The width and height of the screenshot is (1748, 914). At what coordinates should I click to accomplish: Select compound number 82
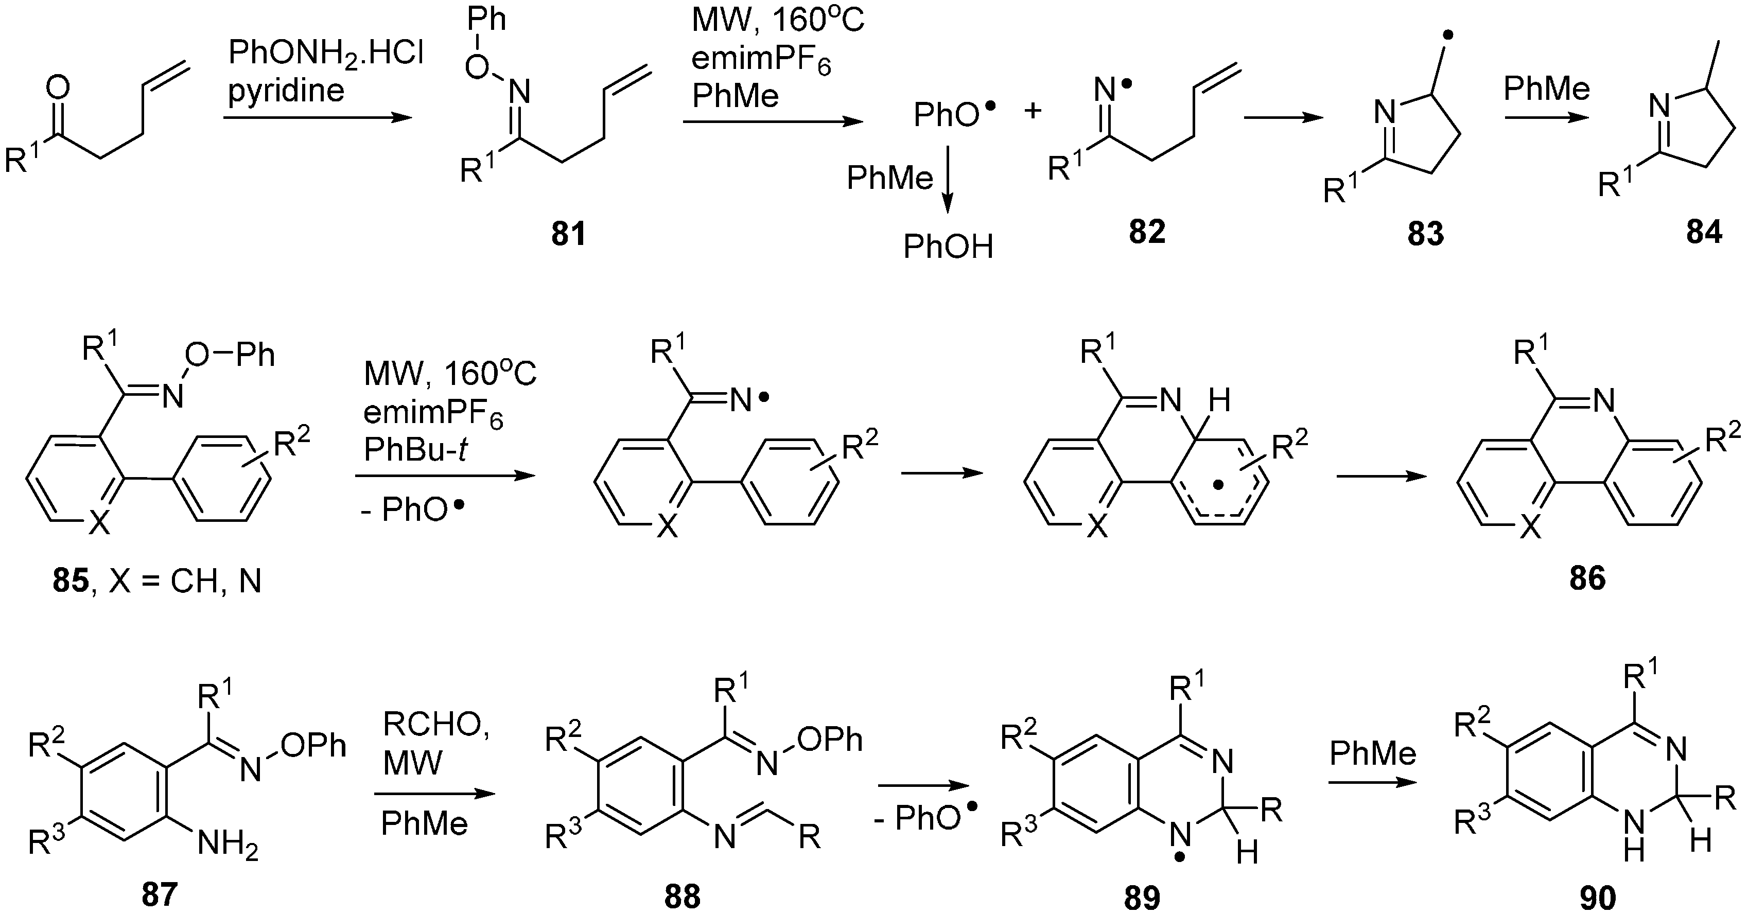[x=1147, y=232]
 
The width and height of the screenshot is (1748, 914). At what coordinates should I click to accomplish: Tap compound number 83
[x=1425, y=234]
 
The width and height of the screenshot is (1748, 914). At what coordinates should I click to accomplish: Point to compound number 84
[x=1703, y=232]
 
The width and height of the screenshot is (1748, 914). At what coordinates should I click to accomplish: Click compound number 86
[x=1587, y=578]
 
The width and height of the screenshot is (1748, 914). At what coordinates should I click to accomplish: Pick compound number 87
[x=159, y=895]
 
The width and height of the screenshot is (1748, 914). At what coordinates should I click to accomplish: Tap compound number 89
[x=1142, y=897]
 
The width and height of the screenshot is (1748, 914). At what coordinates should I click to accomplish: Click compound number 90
[x=1597, y=897]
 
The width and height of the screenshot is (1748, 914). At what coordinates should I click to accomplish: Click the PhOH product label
[x=948, y=247]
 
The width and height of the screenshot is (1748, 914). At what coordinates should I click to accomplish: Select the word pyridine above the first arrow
[x=286, y=90]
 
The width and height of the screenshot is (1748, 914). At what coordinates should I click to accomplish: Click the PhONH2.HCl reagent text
[x=326, y=53]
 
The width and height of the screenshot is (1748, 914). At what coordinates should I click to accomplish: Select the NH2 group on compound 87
[x=228, y=846]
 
